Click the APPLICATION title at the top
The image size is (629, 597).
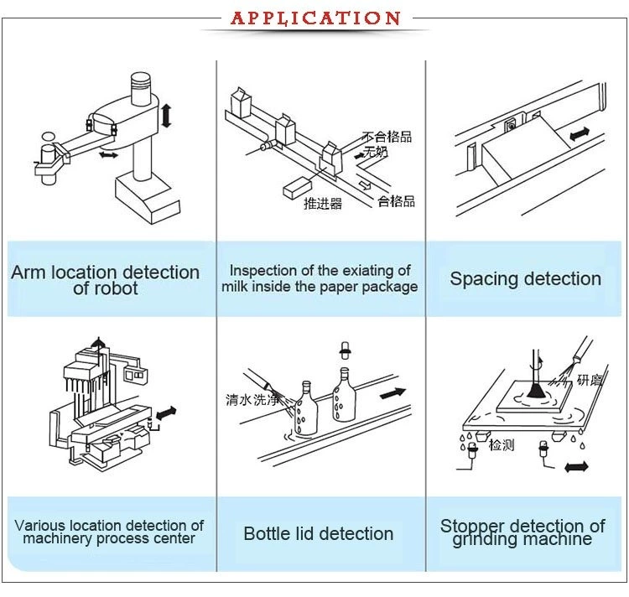point(315,18)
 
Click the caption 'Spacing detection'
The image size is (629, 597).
point(525,279)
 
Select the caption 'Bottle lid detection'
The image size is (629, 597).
point(318,533)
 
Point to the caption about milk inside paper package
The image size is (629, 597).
point(320,278)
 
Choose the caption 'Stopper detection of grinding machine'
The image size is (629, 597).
point(522,532)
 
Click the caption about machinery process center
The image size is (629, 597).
point(109,532)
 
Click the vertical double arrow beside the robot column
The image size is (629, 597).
point(166,115)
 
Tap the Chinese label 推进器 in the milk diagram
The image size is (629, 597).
point(322,203)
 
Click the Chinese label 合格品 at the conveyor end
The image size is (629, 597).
point(396,201)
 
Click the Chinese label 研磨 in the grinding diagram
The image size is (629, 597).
point(589,380)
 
